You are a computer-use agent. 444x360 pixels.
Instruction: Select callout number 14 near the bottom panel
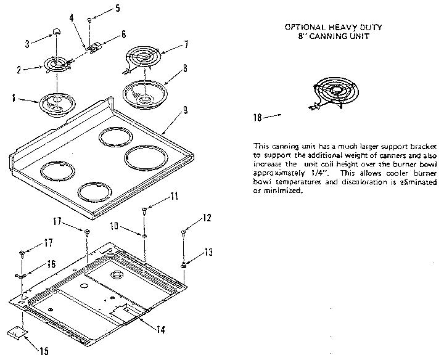point(160,329)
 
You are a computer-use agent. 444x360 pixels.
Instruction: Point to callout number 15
point(43,352)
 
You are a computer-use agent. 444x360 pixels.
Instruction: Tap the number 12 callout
point(207,219)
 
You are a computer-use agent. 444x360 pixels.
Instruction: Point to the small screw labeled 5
point(90,20)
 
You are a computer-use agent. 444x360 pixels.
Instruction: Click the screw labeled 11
point(144,211)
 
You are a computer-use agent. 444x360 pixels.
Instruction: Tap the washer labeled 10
point(144,235)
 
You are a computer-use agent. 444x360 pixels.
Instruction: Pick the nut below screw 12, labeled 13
point(184,264)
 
